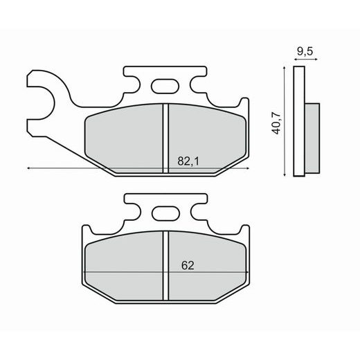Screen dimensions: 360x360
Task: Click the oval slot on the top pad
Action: coord(164,87)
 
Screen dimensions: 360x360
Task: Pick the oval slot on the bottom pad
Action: coord(164,214)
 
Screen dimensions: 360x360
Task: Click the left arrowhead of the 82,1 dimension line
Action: coord(30,168)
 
